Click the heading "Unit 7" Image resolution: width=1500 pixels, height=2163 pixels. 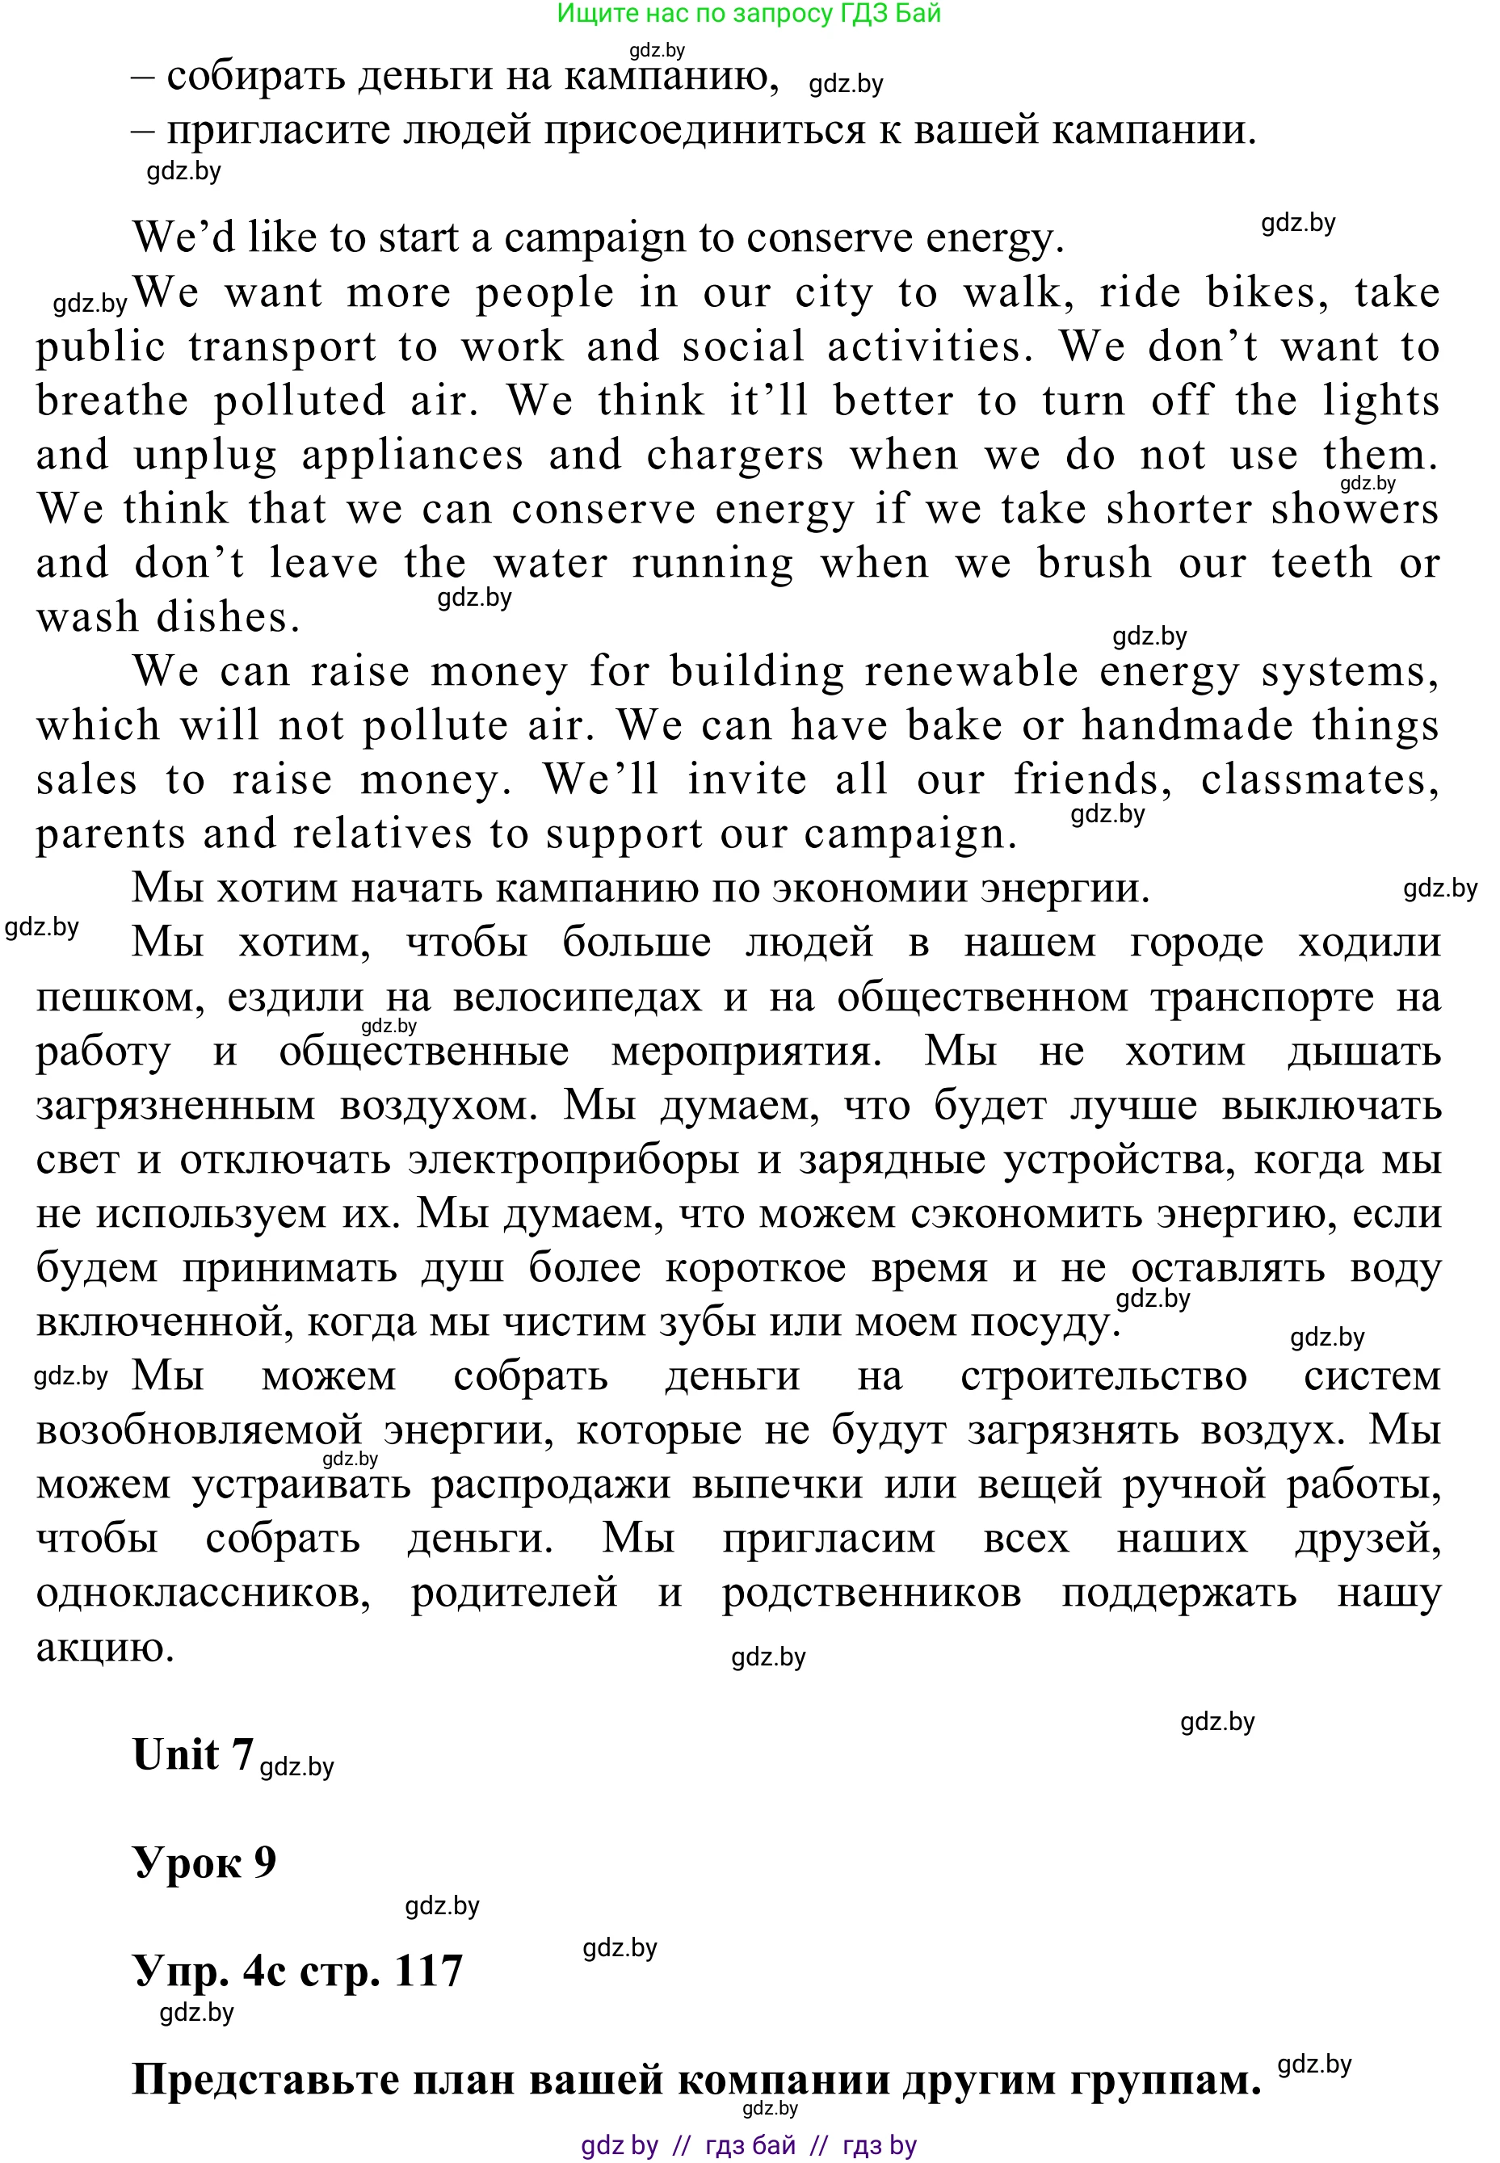coord(193,1754)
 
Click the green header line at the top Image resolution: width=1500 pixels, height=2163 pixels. coord(748,13)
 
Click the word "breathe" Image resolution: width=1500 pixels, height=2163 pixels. coord(111,401)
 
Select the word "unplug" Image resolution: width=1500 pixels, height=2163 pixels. coord(205,456)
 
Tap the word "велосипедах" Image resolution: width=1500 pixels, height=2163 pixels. coord(577,997)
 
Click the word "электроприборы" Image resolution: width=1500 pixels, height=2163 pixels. coord(574,1160)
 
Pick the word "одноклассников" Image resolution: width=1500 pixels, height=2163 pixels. coord(203,1593)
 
